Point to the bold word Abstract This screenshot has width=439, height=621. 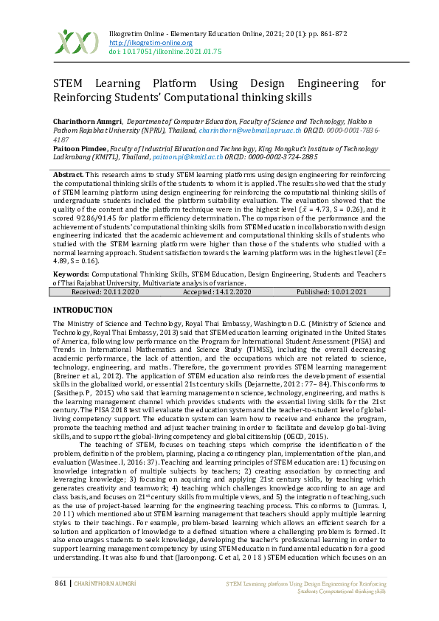68,174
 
